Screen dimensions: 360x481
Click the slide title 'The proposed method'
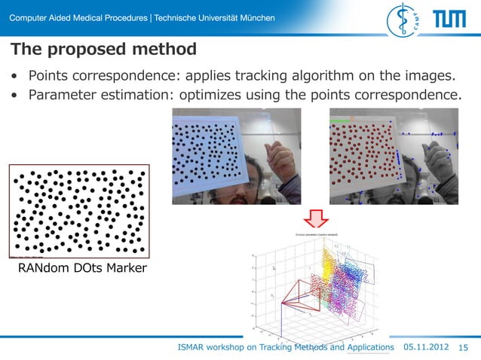(x=103, y=50)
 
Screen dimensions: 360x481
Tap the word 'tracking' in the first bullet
(x=277, y=76)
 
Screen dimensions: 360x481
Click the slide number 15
(x=463, y=346)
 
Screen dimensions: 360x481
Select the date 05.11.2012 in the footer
(x=427, y=346)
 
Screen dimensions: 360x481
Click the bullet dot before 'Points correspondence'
(x=14, y=77)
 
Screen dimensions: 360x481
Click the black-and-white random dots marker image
(x=78, y=212)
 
